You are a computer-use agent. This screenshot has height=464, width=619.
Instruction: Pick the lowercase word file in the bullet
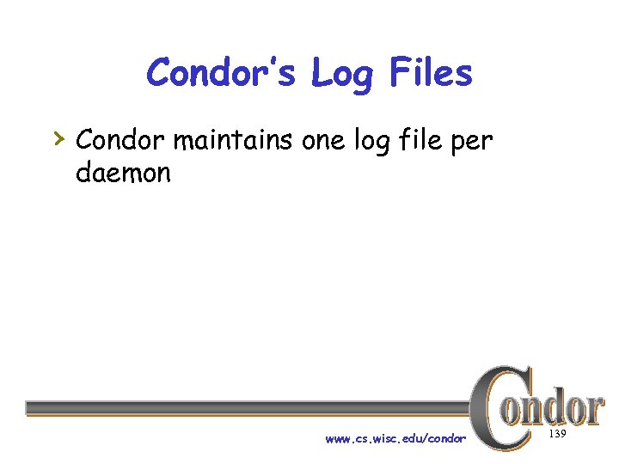[x=427, y=138]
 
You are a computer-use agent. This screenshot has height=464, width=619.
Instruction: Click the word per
[x=475, y=142]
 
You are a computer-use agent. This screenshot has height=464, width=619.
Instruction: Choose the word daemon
[x=123, y=173]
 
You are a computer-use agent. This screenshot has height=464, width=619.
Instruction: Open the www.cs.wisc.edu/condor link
[x=395, y=439]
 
